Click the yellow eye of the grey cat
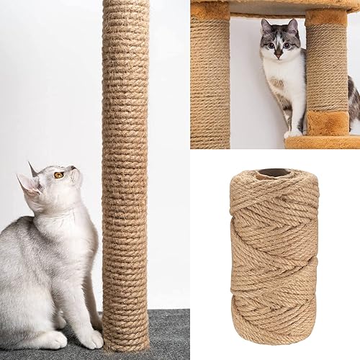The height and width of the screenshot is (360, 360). click(x=58, y=175)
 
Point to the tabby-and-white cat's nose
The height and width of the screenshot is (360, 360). click(x=279, y=52)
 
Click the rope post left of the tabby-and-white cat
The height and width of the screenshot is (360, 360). click(x=210, y=79)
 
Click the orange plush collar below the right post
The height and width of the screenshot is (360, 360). click(x=328, y=122)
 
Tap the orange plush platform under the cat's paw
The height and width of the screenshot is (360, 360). click(x=320, y=142)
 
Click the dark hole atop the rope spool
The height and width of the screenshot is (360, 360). click(x=274, y=173)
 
